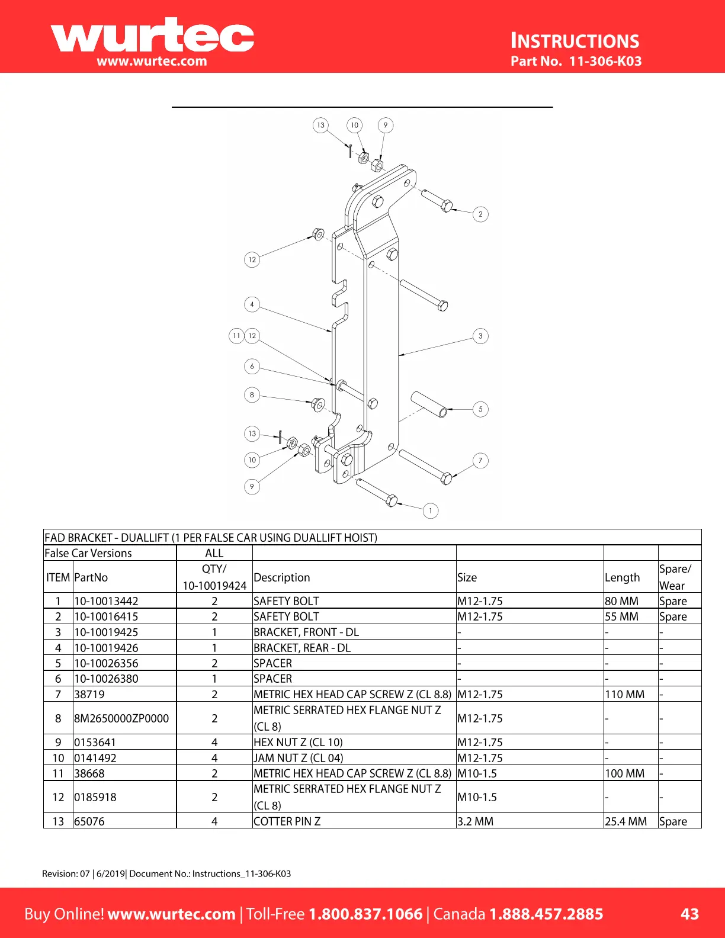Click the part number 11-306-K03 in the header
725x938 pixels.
[605, 61]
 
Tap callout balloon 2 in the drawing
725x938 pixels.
[480, 214]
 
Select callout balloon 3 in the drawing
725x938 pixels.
[480, 336]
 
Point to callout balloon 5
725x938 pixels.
[480, 409]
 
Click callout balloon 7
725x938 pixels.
[480, 460]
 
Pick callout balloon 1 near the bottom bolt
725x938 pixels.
[431, 510]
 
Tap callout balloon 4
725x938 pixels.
[252, 304]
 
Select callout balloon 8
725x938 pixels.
[252, 394]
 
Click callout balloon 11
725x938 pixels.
[236, 336]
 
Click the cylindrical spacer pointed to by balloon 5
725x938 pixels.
[429, 403]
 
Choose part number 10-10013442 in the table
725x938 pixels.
[106, 601]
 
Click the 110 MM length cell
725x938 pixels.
[624, 694]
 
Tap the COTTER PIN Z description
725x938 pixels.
[287, 821]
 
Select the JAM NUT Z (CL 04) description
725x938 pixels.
[298, 758]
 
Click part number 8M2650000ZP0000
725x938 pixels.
[121, 718]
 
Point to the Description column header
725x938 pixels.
[282, 577]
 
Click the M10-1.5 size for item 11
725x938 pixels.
[477, 773]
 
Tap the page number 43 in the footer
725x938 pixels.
[689, 914]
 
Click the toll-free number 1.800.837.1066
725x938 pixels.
[365, 914]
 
